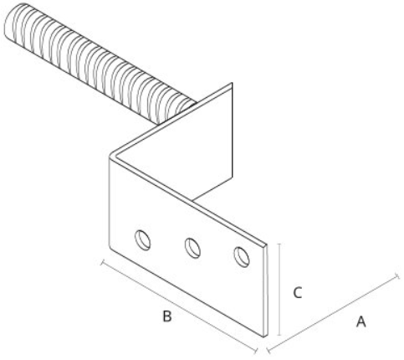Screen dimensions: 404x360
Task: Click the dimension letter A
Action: tap(361, 321)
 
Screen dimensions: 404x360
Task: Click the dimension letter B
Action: tap(167, 316)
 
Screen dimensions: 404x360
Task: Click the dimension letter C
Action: tap(298, 293)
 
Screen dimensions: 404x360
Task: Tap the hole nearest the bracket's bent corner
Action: tap(143, 240)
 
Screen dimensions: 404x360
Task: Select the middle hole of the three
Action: tap(192, 248)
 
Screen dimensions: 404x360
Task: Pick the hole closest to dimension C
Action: tap(242, 257)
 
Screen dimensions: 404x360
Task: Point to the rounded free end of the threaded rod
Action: tap(13, 21)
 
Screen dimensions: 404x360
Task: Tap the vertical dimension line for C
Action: tap(279, 290)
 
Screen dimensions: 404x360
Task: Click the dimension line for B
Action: tap(179, 306)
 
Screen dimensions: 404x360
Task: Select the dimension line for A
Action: tap(333, 313)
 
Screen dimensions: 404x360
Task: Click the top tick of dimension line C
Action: tap(279, 244)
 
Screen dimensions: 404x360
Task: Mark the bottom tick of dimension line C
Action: tap(279, 336)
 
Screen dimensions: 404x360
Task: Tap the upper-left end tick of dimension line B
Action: tap(103, 262)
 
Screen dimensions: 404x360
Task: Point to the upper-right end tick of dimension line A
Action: tap(398, 275)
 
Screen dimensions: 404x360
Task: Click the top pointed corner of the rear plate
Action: tap(232, 83)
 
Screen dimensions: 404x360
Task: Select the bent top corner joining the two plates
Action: tap(112, 155)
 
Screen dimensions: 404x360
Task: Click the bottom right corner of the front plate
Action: tap(265, 337)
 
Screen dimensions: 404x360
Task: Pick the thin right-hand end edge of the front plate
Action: tap(266, 291)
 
